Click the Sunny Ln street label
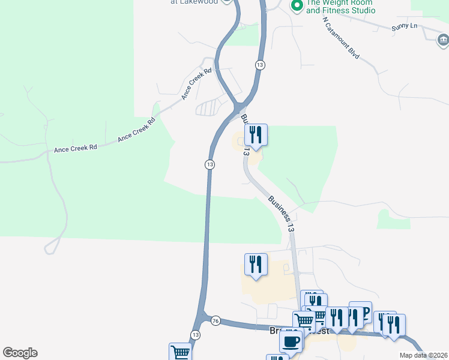point(404,26)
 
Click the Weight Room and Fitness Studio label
point(340,6)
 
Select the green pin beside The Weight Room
point(296,6)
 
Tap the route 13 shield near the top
point(259,65)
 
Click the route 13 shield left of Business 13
point(209,164)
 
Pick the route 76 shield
point(215,321)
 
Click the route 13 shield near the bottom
point(195,335)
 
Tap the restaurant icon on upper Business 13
point(256,135)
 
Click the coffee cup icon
point(291,341)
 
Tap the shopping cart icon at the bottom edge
point(180,353)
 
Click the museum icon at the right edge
point(443,40)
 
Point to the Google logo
point(20,353)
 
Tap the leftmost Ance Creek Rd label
point(75,148)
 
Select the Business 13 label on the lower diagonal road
point(282,214)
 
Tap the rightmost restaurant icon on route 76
point(394,325)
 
